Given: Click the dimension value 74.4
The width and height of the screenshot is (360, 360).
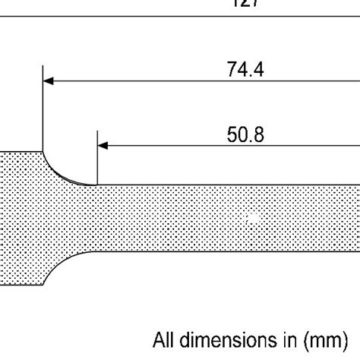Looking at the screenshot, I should click(245, 69).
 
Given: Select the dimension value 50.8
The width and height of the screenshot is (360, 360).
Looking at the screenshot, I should click(245, 134).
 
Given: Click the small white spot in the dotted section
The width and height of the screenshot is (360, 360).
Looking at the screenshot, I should click(254, 219).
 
